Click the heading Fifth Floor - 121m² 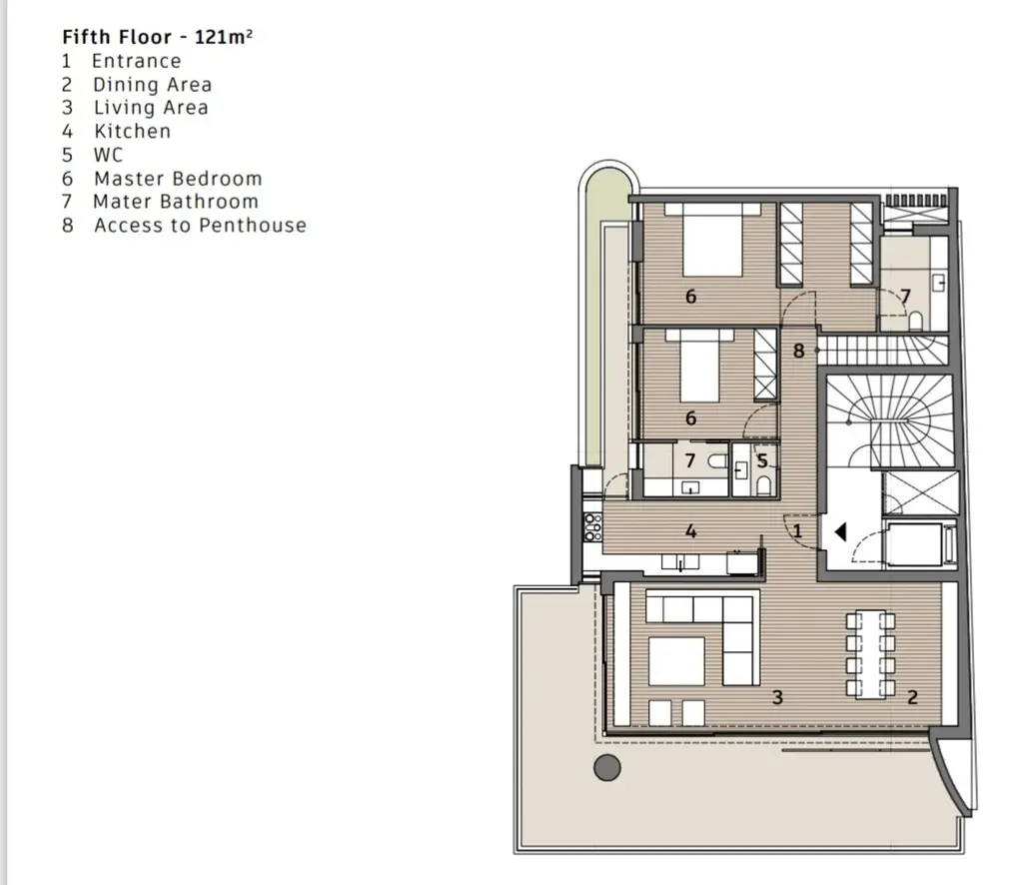157,37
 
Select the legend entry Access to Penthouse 200,225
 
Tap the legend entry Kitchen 133,131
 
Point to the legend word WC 108,155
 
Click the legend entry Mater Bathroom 176,202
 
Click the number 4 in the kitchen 691,531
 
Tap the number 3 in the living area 777,698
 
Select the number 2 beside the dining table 913,698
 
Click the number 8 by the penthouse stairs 798,351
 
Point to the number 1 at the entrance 797,530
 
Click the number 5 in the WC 762,461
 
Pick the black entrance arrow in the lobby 840,532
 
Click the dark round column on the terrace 607,767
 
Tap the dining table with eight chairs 870,654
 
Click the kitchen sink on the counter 680,562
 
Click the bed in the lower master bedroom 700,366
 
